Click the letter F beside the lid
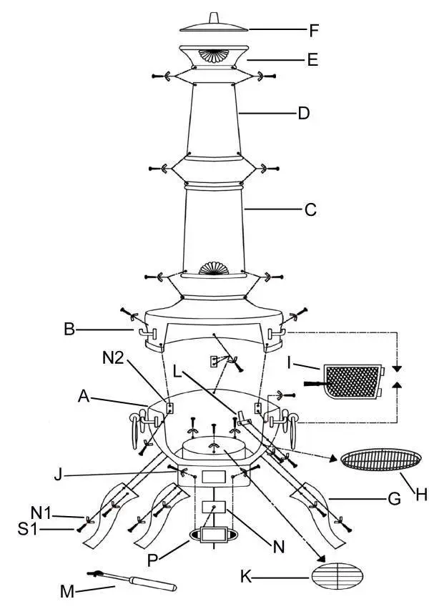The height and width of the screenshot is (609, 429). point(314,30)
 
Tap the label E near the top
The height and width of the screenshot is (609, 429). point(312,60)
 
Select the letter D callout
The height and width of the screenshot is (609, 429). point(303,113)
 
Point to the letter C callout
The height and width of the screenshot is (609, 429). point(310,209)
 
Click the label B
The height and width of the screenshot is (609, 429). point(69,330)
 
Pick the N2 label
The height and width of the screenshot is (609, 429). point(113,357)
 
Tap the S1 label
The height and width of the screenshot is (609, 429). point(28,529)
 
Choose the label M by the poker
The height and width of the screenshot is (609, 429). point(67,592)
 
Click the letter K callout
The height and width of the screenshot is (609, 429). point(246,576)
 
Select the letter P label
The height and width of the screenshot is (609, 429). point(153,560)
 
